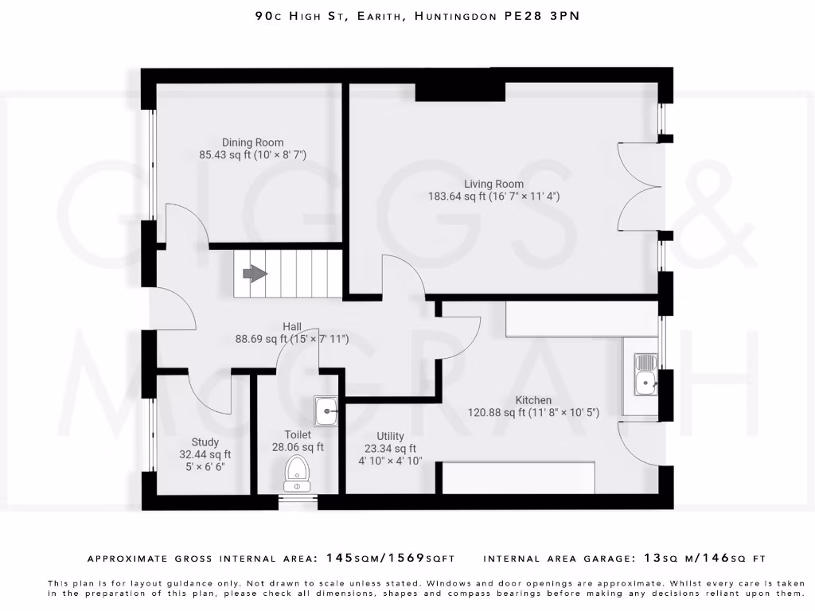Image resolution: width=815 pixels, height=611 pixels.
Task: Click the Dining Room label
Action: pos(252,143)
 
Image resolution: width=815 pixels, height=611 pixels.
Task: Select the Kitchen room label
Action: pos(533,400)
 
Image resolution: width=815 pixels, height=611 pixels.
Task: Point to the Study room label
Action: pos(205,442)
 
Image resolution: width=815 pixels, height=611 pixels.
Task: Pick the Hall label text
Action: pos(292,326)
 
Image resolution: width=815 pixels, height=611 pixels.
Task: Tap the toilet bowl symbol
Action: pos(297,473)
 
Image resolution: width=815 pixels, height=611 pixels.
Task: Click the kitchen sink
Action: pos(645,375)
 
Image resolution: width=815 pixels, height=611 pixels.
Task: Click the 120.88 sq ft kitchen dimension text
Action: pos(532,413)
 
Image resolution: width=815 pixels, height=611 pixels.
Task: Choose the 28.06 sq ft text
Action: pos(298,447)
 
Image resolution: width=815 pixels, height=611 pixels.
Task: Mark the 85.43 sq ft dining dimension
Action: pos(252,155)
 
